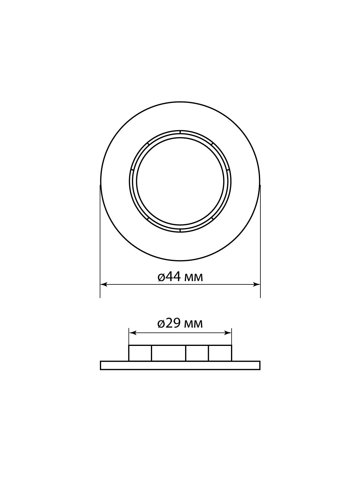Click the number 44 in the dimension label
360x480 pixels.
(173, 277)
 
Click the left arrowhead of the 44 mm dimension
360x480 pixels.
(103, 284)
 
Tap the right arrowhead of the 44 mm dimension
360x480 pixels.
(256, 284)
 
